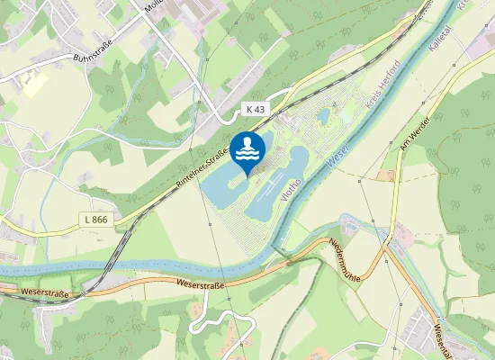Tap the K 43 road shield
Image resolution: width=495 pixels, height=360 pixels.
pos(255,109)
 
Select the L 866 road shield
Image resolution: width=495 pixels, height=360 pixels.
pos(95,219)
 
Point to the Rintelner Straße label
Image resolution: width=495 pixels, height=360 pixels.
pos(201,170)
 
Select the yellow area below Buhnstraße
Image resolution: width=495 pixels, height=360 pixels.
pos(34,85)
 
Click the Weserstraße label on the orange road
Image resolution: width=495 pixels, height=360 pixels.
pos(200,283)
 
